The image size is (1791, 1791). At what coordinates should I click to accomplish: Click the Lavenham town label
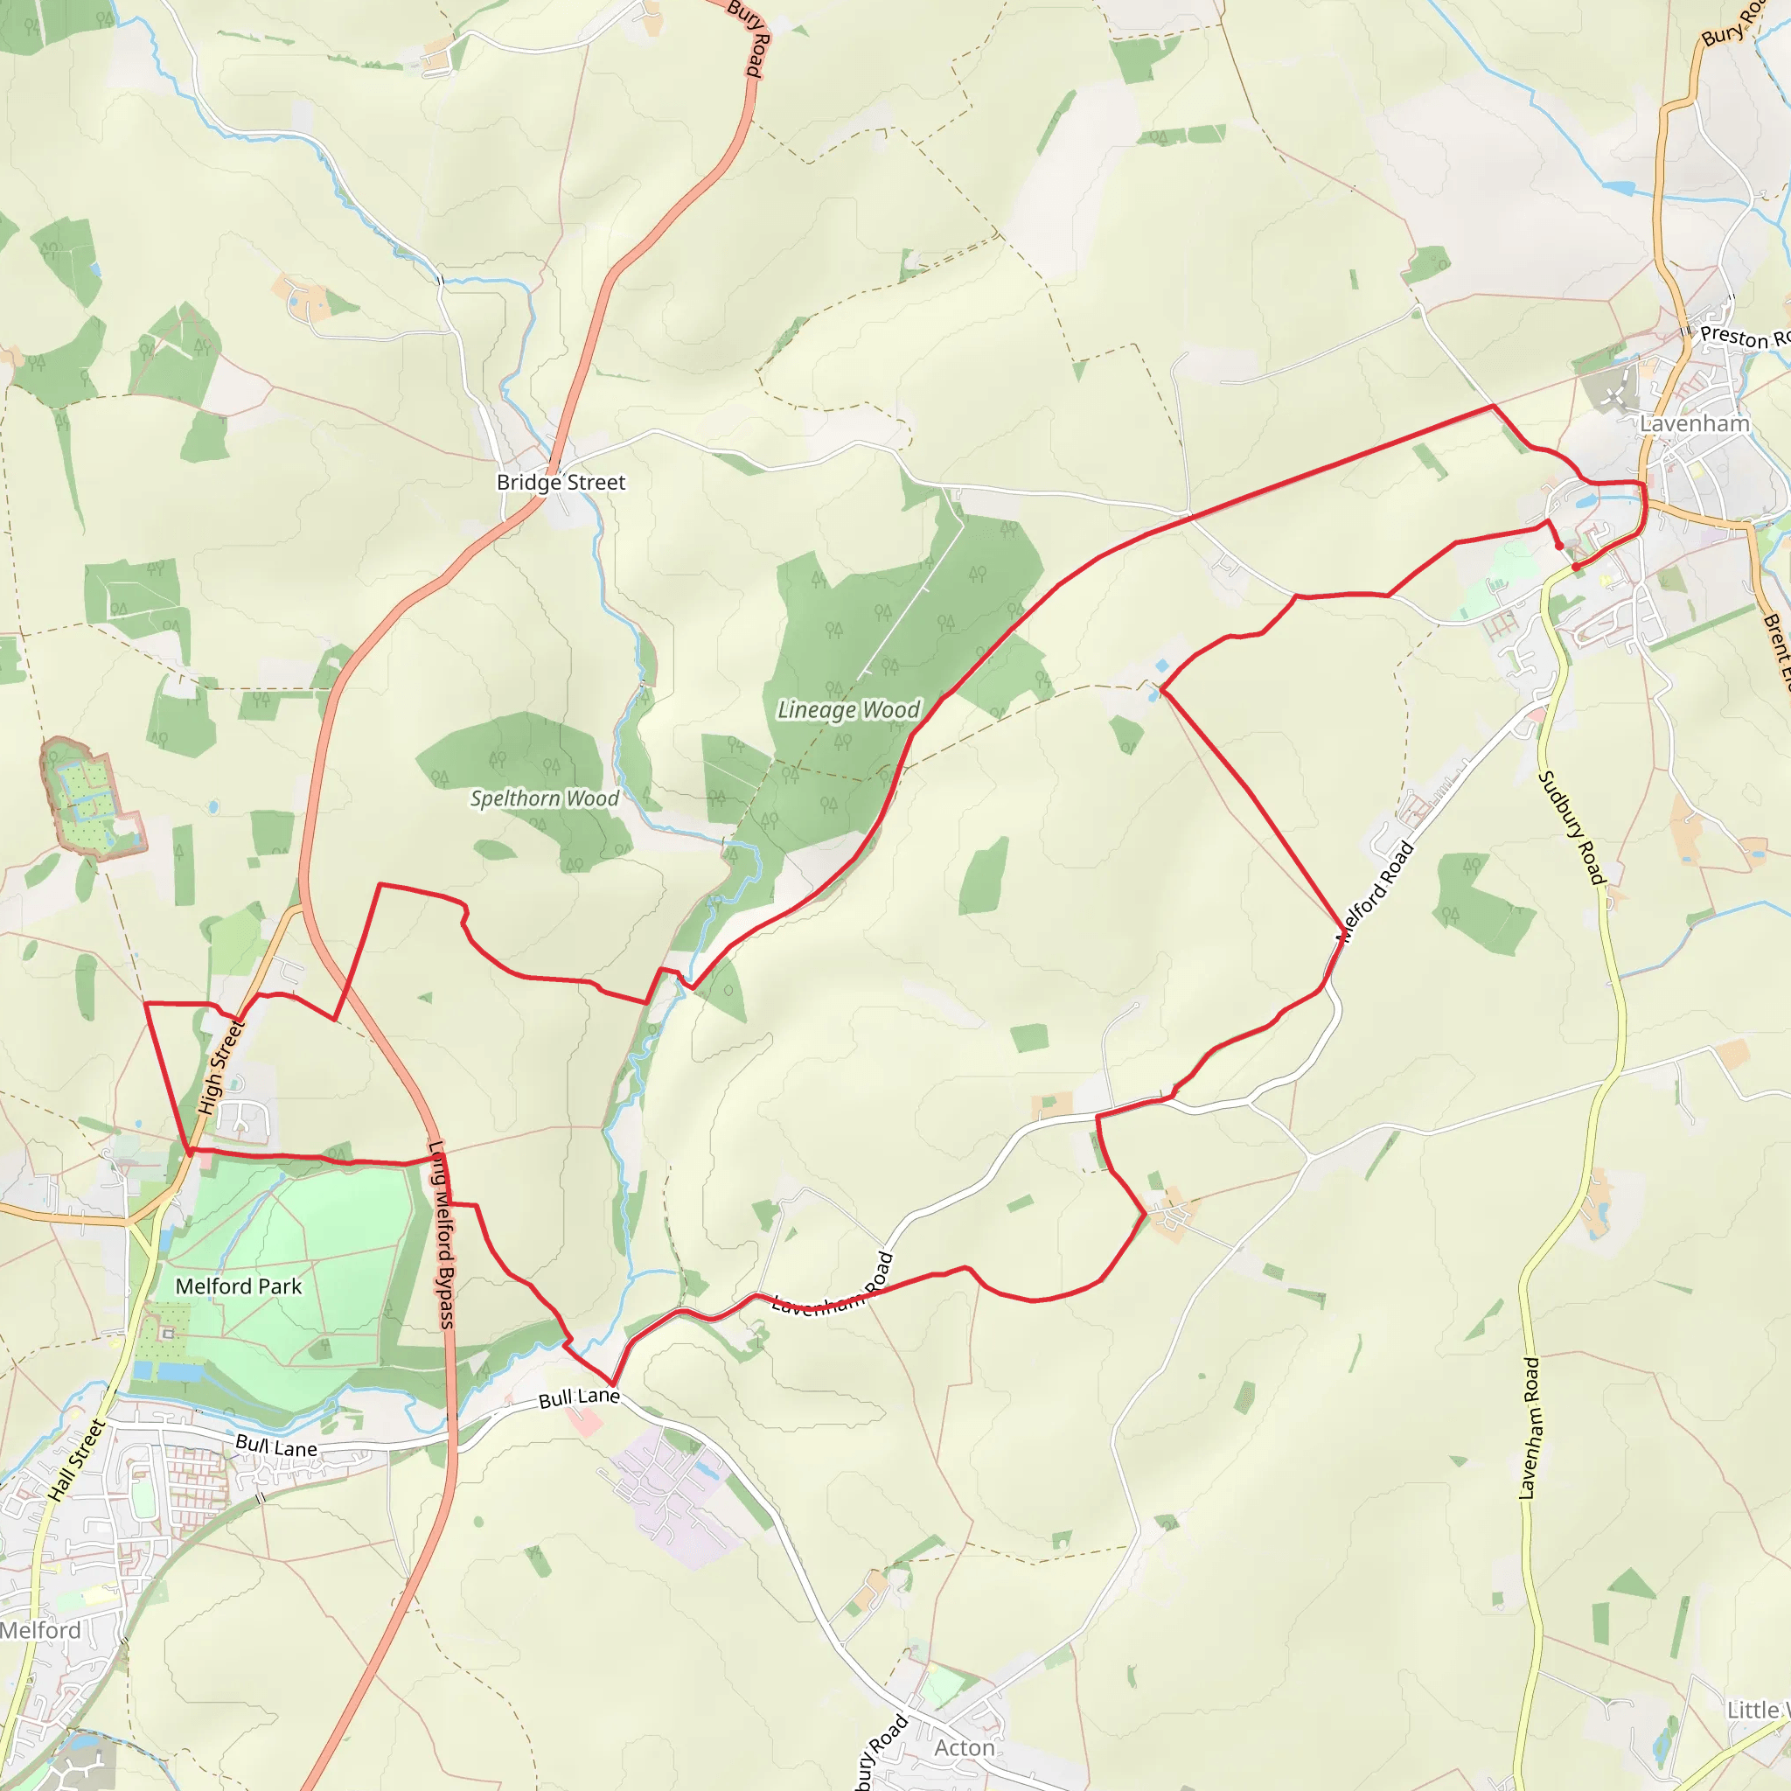(1694, 423)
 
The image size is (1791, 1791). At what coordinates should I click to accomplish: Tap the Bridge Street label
(561, 482)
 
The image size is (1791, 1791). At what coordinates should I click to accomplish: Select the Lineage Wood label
(848, 710)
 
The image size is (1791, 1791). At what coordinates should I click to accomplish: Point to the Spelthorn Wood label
(544, 798)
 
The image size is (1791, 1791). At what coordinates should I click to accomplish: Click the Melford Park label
(238, 1286)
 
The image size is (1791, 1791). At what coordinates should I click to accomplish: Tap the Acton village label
(964, 1747)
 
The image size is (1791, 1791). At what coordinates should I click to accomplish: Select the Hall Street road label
(78, 1460)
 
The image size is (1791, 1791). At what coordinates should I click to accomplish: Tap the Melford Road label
(1375, 892)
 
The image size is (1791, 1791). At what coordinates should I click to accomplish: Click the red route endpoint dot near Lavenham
(1576, 567)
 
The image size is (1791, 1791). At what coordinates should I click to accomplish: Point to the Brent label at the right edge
(1776, 649)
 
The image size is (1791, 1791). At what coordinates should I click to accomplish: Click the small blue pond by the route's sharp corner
(1161, 666)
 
